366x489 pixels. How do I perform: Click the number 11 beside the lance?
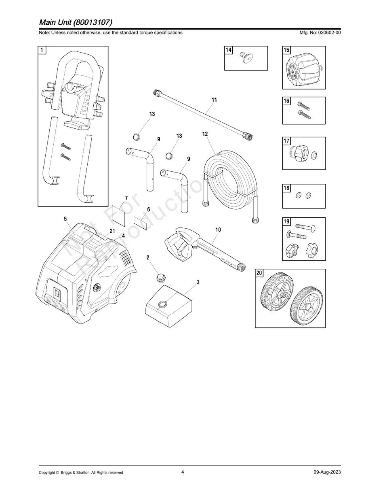[214, 100]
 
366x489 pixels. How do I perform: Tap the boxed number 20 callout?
[259, 273]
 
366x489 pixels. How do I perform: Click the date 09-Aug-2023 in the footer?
[327, 472]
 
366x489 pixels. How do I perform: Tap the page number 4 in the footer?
[183, 472]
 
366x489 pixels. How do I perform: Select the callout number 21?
[112, 231]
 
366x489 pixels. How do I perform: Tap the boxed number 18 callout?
[286, 188]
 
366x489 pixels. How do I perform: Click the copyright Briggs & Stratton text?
[81, 472]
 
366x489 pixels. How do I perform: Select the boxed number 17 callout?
[286, 141]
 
